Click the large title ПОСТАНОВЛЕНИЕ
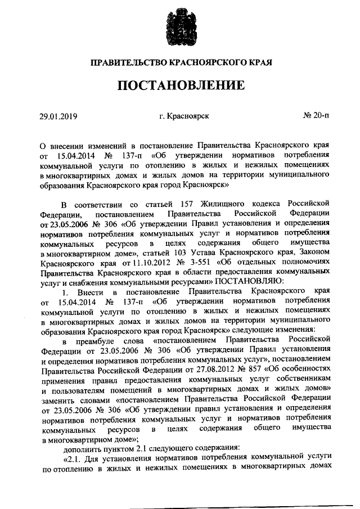(181, 85)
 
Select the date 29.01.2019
(58, 116)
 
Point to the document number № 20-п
(316, 116)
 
